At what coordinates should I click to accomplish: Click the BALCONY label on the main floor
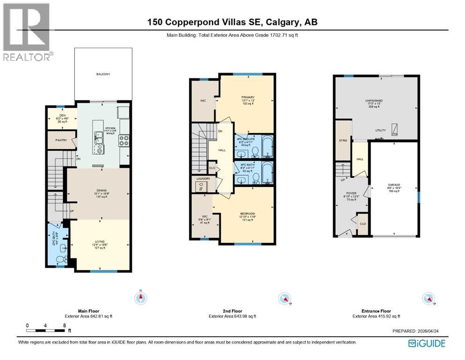[103, 74]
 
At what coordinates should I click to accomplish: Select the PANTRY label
[61, 140]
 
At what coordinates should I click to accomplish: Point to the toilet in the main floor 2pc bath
[60, 259]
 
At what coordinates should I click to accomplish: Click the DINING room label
[99, 190]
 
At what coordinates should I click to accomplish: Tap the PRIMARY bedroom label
[248, 97]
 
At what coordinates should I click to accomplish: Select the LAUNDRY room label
[203, 179]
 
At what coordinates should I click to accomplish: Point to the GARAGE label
[393, 185]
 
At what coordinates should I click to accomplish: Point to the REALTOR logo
[27, 32]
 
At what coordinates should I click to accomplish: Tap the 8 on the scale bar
[64, 325]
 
